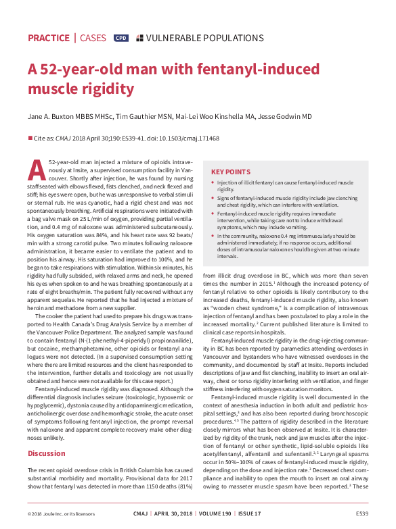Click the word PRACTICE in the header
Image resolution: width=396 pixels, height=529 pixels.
pyautogui.click(x=49, y=38)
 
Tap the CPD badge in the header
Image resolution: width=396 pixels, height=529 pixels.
pyautogui.click(x=121, y=38)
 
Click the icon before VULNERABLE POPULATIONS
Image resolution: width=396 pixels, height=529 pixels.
pyautogui.click(x=139, y=38)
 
